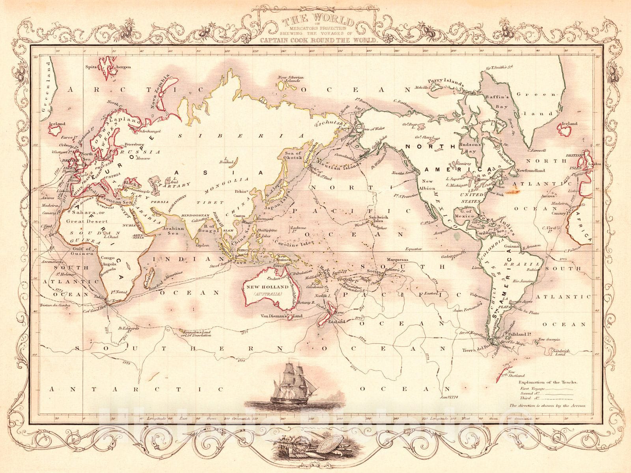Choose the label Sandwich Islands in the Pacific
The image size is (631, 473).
[379, 220]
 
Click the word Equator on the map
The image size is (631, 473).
[414, 249]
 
